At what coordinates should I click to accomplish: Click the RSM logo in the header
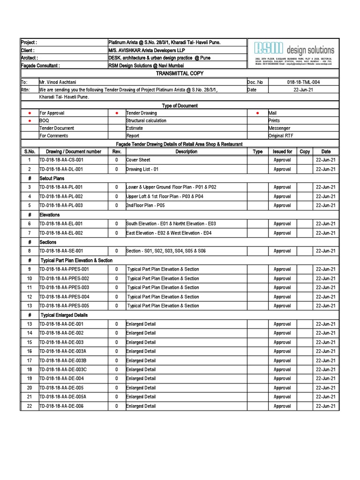pyautogui.click(x=269, y=49)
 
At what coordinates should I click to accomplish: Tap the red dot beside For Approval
pyautogui.click(x=29, y=113)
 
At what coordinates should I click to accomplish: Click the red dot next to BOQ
pyautogui.click(x=29, y=121)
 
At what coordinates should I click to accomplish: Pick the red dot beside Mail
pyautogui.click(x=257, y=113)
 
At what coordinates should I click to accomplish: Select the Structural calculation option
pyautogui.click(x=146, y=121)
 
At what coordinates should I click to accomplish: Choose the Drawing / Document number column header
pyautogui.click(x=73, y=152)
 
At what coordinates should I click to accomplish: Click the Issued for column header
pyautogui.click(x=282, y=152)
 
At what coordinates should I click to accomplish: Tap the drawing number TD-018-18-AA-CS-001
pyautogui.click(x=61, y=160)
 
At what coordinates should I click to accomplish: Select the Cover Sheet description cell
pyautogui.click(x=138, y=160)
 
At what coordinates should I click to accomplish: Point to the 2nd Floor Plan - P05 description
pyautogui.click(x=145, y=205)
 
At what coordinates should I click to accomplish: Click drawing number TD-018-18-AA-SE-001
pyautogui.click(x=61, y=251)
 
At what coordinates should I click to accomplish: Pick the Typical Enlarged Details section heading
pyautogui.click(x=64, y=315)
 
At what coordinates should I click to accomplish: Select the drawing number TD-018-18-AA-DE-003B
pyautogui.click(x=63, y=360)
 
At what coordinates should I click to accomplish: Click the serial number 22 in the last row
pyautogui.click(x=29, y=406)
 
